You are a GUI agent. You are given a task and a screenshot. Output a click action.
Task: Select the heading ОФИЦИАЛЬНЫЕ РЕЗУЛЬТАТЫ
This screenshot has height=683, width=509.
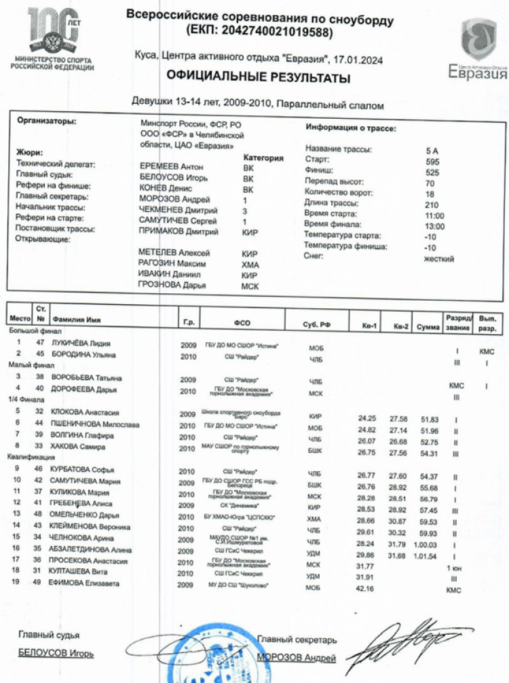[259, 78]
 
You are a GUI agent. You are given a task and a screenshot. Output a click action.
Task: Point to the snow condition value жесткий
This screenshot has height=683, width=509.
[439, 259]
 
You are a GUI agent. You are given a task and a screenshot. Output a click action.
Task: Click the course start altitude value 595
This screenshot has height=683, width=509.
[432, 162]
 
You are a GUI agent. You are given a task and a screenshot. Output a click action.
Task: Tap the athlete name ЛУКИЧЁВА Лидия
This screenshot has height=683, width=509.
[81, 344]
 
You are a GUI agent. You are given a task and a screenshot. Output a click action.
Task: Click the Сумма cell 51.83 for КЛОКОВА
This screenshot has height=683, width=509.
[429, 420]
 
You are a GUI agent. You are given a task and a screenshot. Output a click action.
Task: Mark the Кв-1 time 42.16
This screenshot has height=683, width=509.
[366, 590]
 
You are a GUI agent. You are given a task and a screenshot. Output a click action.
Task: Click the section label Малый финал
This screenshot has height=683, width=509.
[26, 365]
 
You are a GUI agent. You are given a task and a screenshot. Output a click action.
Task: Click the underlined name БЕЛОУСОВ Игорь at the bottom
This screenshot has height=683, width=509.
[56, 654]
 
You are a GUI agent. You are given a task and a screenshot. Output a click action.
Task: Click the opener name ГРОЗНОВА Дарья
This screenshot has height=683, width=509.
[172, 286]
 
